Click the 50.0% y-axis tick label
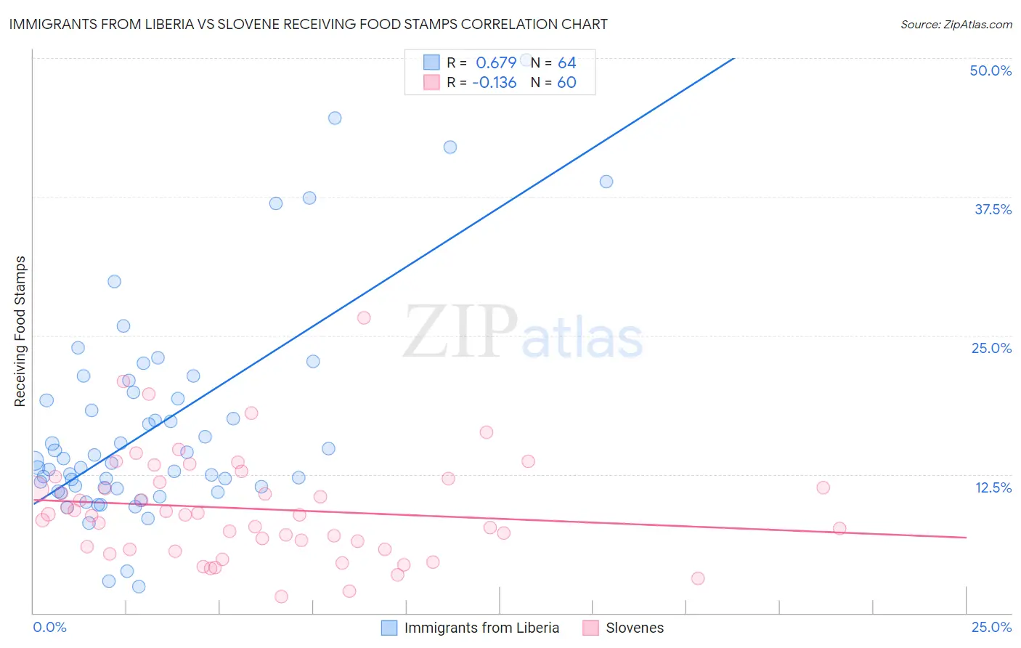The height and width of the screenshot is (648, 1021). (991, 70)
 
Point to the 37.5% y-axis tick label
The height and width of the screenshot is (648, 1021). (993, 209)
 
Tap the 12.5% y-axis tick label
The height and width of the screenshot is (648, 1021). (993, 487)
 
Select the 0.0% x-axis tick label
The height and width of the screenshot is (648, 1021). (49, 627)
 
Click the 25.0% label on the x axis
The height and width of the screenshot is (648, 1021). (991, 627)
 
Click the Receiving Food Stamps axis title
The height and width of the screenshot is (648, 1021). (20, 331)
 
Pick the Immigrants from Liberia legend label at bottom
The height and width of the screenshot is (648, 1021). (481, 628)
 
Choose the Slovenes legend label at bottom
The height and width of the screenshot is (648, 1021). (635, 628)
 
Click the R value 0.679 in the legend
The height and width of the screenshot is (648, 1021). (496, 63)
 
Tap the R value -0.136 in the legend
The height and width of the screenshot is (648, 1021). (494, 83)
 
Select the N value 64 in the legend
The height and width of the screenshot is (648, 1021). (566, 63)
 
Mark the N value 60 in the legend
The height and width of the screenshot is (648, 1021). (566, 83)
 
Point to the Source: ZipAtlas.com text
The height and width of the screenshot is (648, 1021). (956, 24)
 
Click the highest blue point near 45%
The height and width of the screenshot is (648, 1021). (335, 118)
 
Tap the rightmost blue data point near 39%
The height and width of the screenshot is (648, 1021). (606, 182)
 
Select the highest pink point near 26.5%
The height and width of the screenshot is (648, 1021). (364, 317)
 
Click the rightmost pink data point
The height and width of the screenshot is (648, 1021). (839, 528)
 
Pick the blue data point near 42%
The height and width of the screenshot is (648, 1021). (450, 147)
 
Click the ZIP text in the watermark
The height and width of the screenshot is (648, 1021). (460, 333)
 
